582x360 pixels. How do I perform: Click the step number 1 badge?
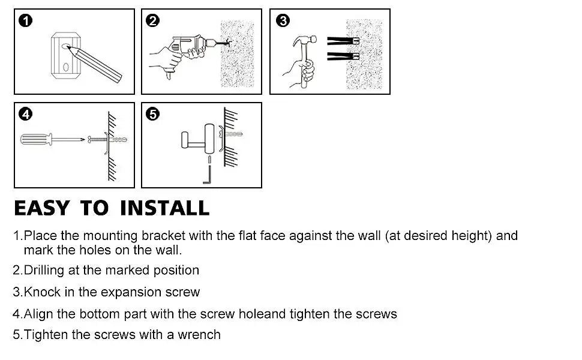[26, 20]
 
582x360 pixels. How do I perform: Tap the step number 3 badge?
[283, 20]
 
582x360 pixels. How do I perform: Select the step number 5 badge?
[152, 114]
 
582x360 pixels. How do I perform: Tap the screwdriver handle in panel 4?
[35, 139]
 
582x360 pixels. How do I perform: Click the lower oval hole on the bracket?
[65, 67]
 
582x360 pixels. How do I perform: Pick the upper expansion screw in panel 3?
[343, 41]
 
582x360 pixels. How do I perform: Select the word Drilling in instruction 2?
[44, 270]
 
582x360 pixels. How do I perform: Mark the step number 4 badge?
[26, 114]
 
